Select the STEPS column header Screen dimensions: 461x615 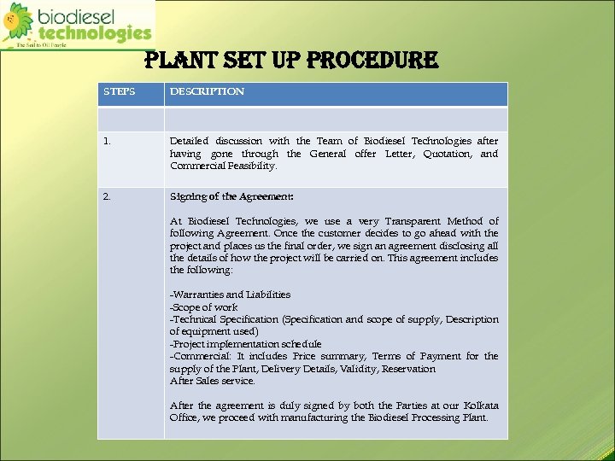pos(119,91)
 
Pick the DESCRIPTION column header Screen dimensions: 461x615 pos(207,91)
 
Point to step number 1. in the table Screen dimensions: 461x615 pos(107,141)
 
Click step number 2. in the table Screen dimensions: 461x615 pos(107,196)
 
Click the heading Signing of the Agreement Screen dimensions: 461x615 pos(231,196)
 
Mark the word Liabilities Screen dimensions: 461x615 pos(269,295)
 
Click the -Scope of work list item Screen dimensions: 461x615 pos(204,306)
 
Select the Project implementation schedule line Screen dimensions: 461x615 pos(245,344)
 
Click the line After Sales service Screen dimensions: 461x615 pos(212,381)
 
